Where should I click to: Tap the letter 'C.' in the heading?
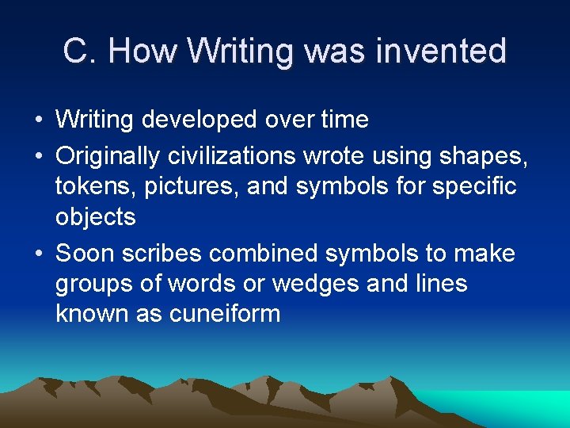(x=80, y=52)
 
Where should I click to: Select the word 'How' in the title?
(x=142, y=52)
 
